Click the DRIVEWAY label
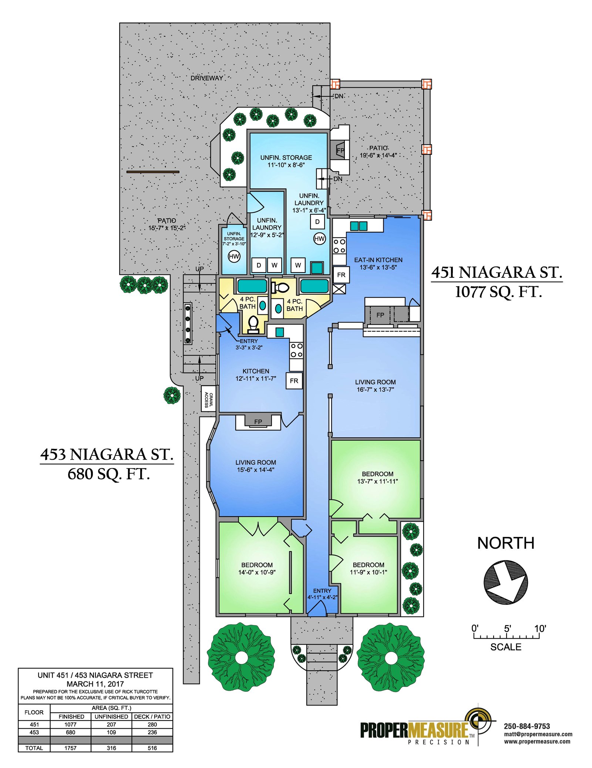(x=207, y=78)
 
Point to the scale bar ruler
(x=506, y=636)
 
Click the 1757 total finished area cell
(x=70, y=748)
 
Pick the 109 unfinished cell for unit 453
(x=111, y=732)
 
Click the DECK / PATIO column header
(x=152, y=717)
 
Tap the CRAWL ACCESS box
(x=208, y=398)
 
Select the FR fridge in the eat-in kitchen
(x=341, y=275)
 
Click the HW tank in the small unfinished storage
(x=234, y=256)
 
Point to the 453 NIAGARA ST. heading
(x=107, y=454)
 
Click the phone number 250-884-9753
(x=527, y=726)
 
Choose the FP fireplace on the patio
(x=340, y=150)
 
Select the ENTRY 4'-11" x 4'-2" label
(x=322, y=594)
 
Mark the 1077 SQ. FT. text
(x=498, y=292)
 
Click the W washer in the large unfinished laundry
(x=298, y=265)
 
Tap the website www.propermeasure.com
(x=537, y=741)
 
